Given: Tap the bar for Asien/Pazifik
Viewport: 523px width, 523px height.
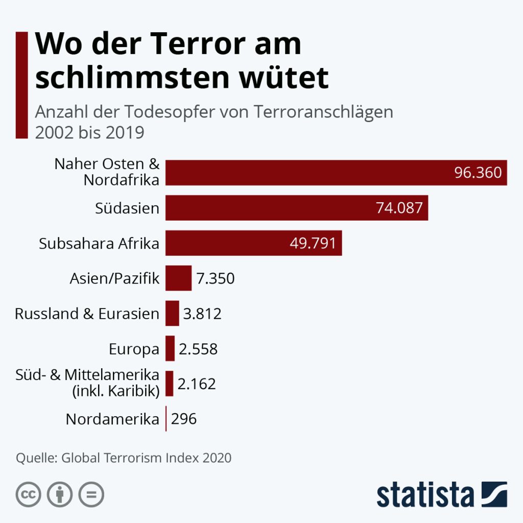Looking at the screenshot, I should tap(178, 278).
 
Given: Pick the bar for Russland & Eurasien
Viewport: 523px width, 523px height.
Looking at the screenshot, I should tap(172, 313).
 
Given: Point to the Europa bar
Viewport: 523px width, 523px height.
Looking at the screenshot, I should tap(170, 349).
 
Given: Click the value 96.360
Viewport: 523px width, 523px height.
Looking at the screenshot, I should tap(478, 173).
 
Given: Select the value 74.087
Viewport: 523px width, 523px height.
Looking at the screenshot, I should tap(399, 208).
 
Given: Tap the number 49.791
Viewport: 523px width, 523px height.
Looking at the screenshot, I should tap(313, 243).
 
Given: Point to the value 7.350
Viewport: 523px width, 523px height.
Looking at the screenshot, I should tap(216, 278).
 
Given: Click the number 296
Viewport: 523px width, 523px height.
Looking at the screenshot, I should tap(184, 419).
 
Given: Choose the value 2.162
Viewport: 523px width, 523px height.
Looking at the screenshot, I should tap(197, 384).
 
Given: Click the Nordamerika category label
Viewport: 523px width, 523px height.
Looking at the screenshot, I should tap(112, 419).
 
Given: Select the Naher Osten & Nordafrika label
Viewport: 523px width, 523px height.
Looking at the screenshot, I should tap(107, 172).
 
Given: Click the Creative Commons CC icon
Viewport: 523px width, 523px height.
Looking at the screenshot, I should tap(29, 494).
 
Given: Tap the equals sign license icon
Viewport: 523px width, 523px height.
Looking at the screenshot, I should tap(91, 494).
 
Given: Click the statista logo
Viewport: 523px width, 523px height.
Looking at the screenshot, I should tap(442, 494).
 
